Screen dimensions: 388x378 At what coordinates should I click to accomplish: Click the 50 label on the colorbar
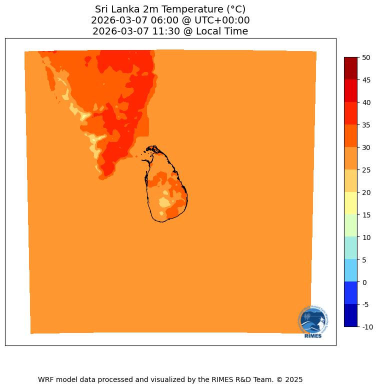tap(366, 57)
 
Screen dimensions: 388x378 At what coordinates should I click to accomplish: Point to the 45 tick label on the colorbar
tap(366, 80)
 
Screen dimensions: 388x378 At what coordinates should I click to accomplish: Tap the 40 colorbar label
tap(366, 102)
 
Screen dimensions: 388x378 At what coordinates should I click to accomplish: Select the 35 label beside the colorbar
tap(366, 125)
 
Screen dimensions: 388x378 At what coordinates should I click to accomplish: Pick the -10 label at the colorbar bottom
tap(367, 327)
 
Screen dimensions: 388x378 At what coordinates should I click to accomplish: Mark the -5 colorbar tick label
tap(366, 304)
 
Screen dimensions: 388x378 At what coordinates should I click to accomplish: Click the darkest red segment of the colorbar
tap(351, 68)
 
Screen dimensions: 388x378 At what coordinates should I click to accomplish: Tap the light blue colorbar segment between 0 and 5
tap(351, 270)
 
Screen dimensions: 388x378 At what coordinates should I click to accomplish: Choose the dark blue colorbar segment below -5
tap(351, 315)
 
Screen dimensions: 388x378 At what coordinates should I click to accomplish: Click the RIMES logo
tap(313, 321)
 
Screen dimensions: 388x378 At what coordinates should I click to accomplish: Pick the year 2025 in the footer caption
tap(293, 379)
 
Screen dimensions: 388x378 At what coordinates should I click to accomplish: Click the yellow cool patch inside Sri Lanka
tap(165, 202)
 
